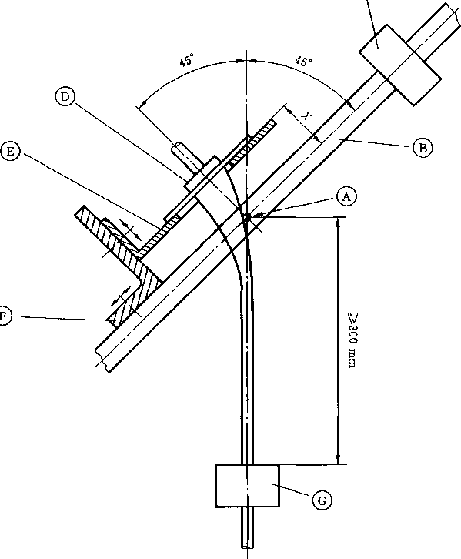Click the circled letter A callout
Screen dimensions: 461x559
pos(346,196)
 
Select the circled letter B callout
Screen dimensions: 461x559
pos(423,148)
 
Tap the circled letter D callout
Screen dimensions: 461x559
pos(65,97)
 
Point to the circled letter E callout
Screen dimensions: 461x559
pos(10,152)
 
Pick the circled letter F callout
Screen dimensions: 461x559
pos(5,316)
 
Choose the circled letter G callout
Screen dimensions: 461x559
pos(322,500)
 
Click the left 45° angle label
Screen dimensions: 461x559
pos(186,60)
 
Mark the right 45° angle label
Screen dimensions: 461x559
pos(304,62)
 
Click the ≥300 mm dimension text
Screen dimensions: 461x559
pos(352,340)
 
